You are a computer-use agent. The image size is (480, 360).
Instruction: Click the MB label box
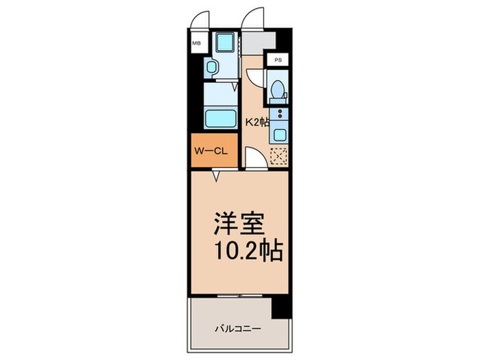[x=197, y=43]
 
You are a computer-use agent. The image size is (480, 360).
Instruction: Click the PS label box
[x=278, y=60]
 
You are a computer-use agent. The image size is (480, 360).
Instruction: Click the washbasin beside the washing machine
[x=212, y=67]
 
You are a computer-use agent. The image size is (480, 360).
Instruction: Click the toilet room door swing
[x=254, y=77]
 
